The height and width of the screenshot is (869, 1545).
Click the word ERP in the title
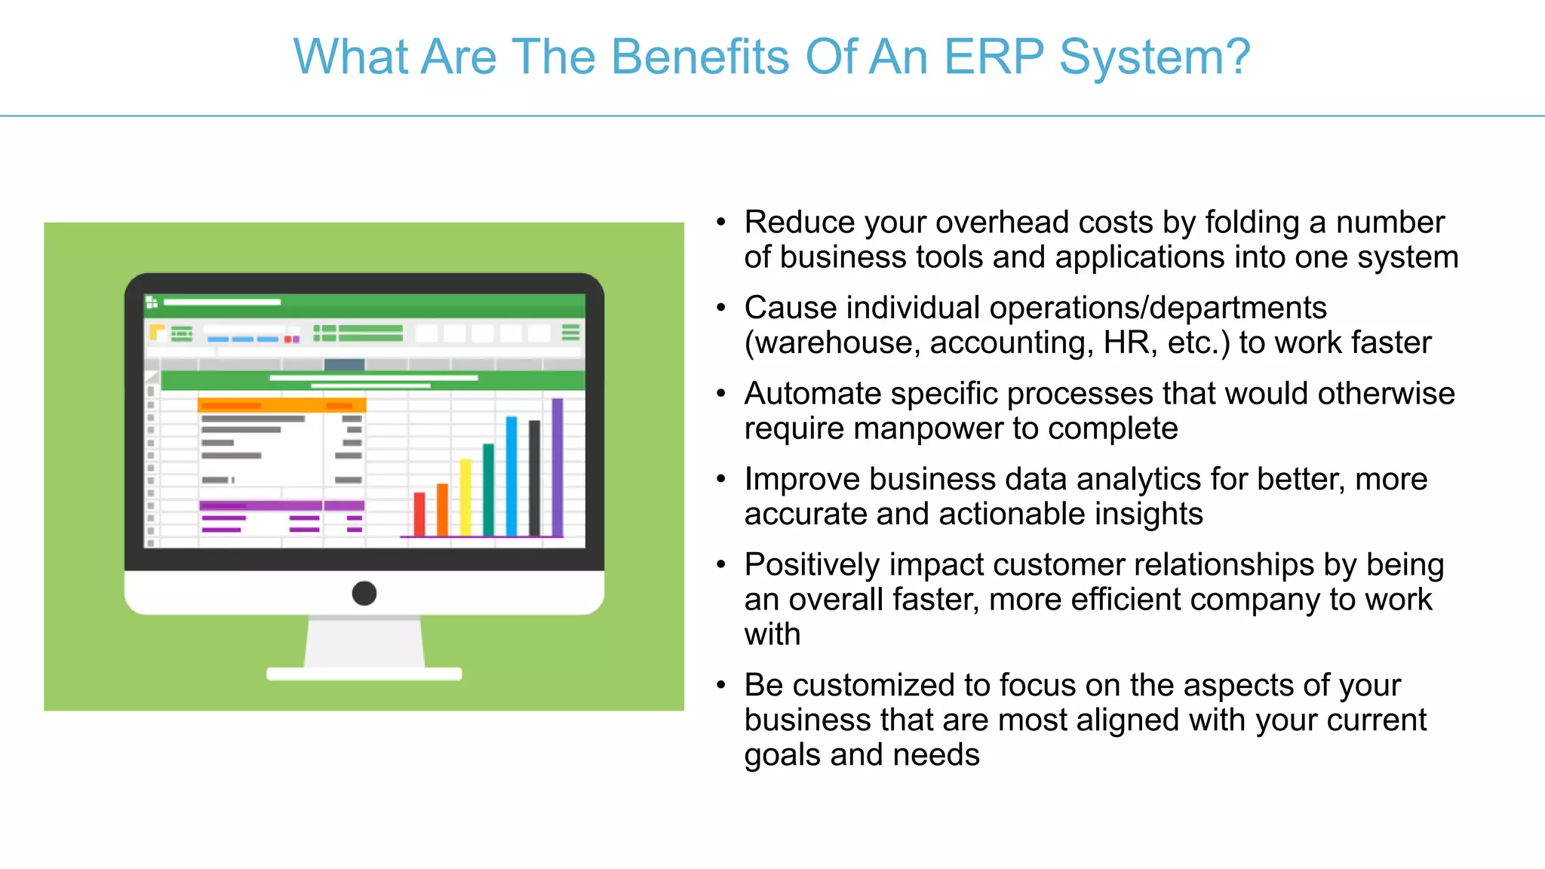pos(994,57)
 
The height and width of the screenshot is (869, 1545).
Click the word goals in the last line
pos(782,756)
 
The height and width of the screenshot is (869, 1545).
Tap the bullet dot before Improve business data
pos(721,479)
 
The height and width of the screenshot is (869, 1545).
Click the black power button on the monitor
pos(364,594)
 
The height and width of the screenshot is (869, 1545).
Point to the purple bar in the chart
pos(557,468)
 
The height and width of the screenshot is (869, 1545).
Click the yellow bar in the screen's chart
pos(465,498)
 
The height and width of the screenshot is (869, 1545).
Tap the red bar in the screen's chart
pos(419,514)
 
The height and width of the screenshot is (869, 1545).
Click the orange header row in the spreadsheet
pos(281,406)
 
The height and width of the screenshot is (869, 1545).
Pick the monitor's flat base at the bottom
pos(364,674)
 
